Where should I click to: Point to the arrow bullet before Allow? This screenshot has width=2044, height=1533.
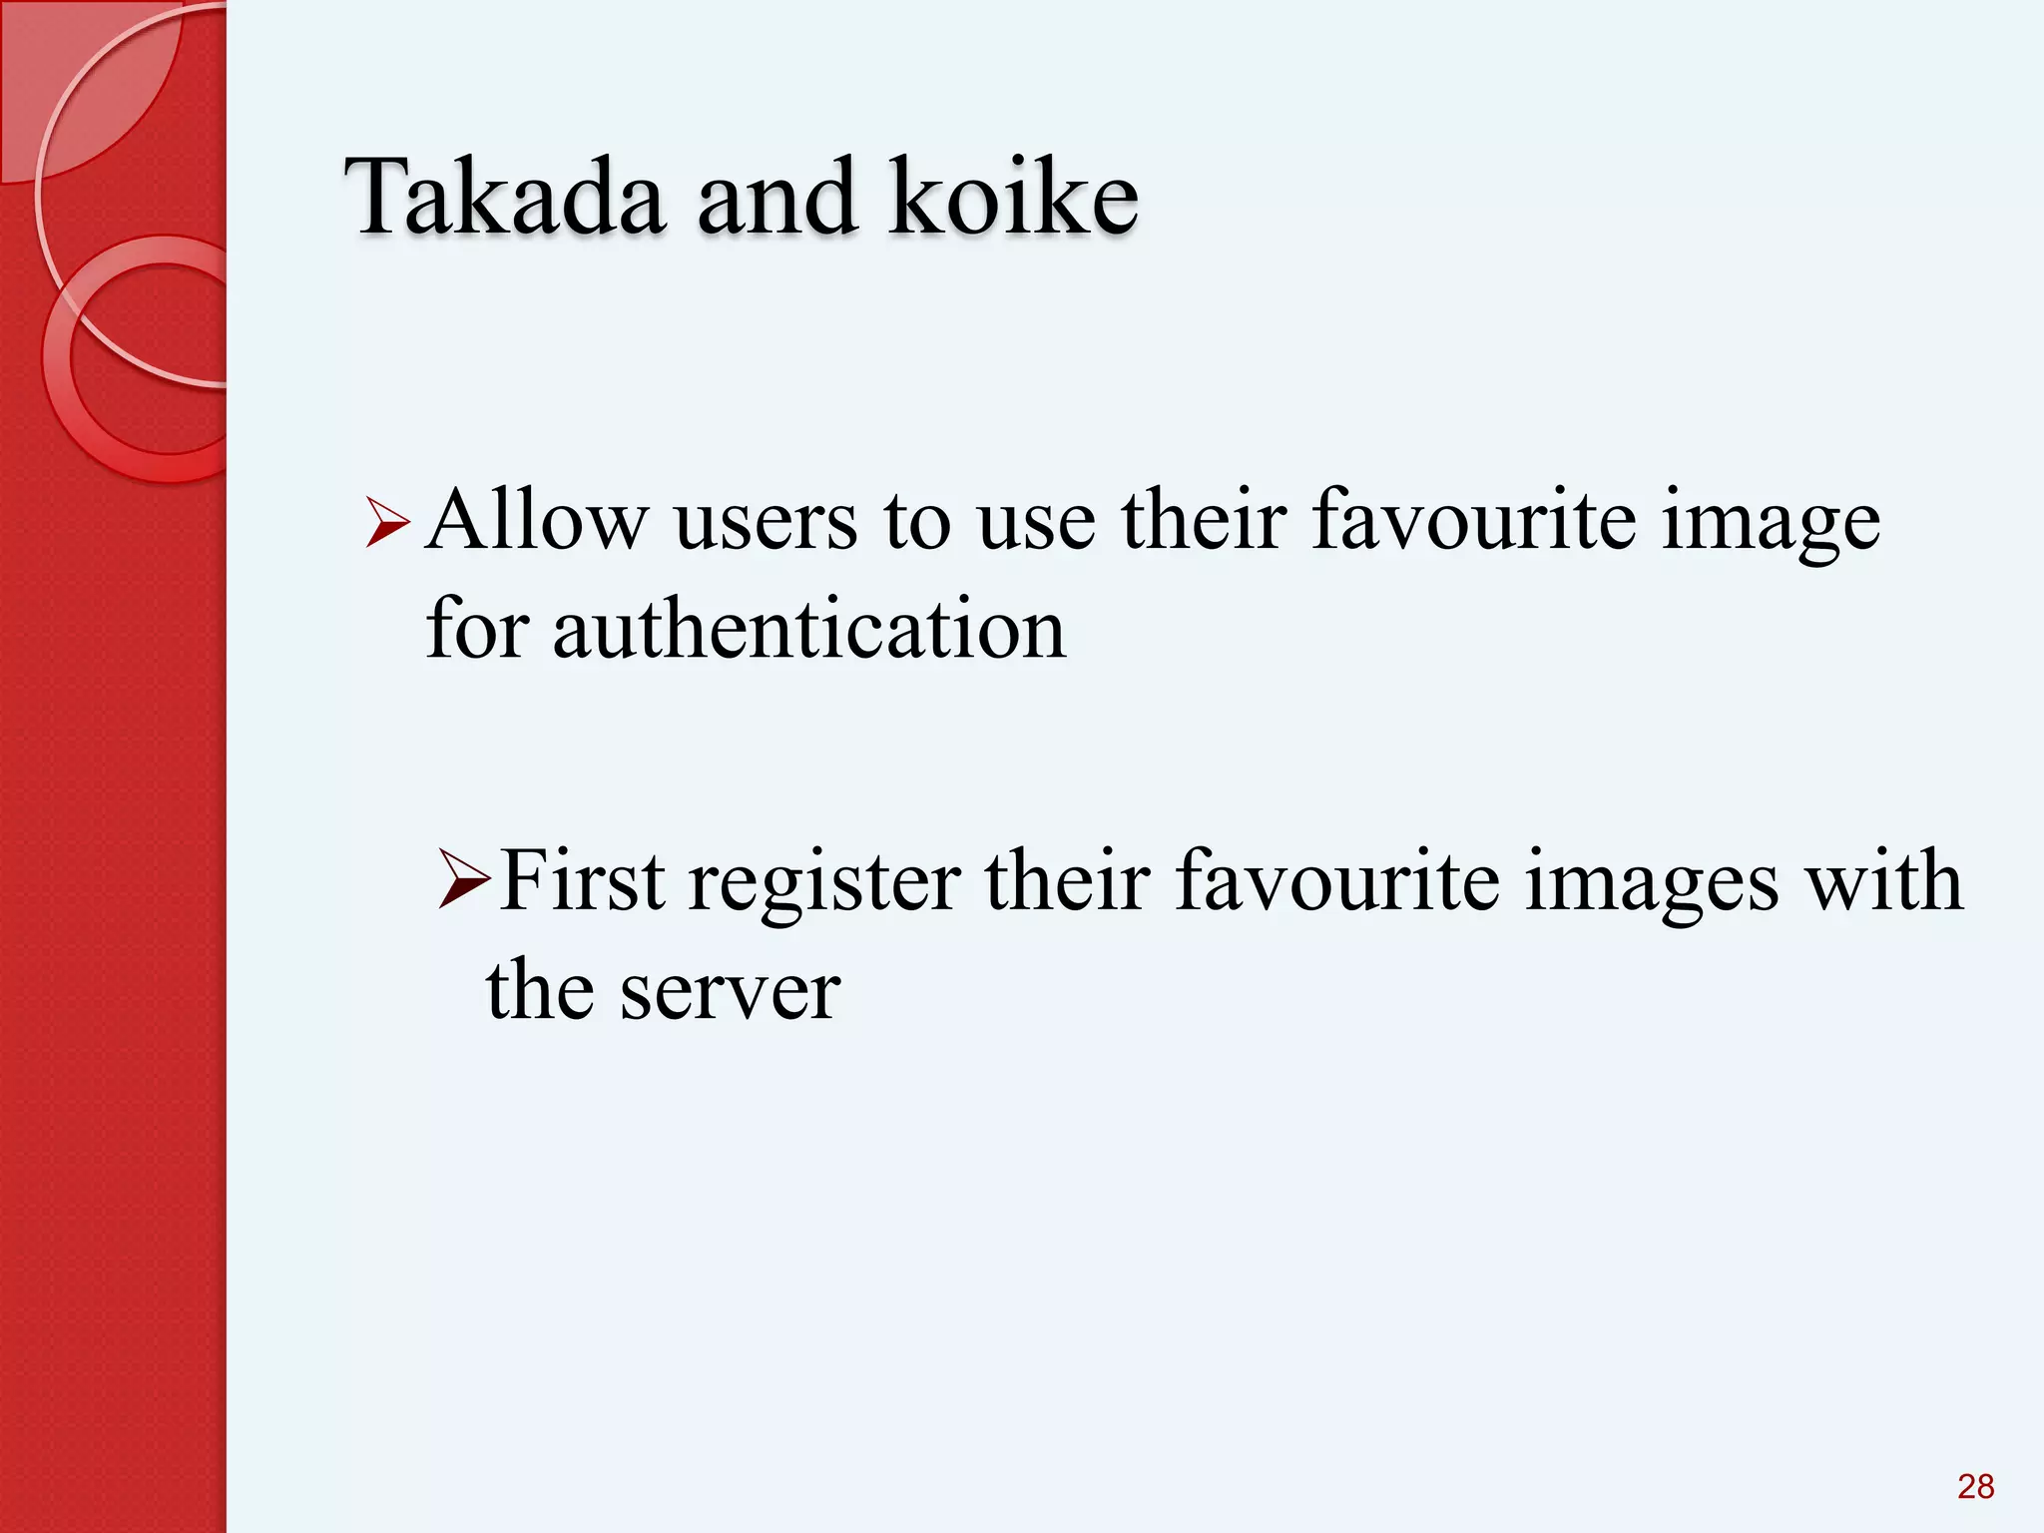tap(387, 523)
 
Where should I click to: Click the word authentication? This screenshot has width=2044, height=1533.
tap(808, 631)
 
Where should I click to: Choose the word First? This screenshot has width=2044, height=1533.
tap(582, 880)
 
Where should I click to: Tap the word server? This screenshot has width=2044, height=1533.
tap(730, 992)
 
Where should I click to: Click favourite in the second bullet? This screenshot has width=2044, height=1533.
tap(1337, 880)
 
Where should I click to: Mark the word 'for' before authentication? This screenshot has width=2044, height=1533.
tap(477, 631)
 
